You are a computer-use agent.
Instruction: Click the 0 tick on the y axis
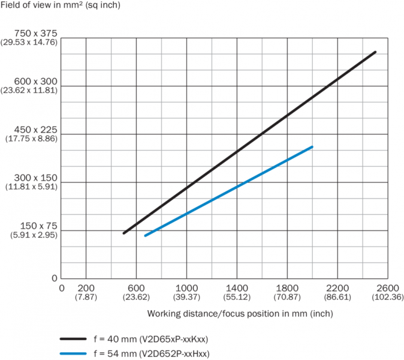click(x=54, y=278)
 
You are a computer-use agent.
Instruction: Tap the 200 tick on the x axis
click(x=86, y=288)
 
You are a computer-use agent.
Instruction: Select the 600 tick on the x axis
click(x=137, y=288)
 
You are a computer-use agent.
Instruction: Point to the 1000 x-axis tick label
click(x=187, y=288)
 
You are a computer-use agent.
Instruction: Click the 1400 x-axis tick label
click(x=237, y=288)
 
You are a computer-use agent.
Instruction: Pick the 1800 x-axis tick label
click(x=288, y=288)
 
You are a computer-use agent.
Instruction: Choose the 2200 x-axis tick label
click(x=338, y=288)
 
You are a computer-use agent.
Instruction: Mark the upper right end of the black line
click(x=375, y=52)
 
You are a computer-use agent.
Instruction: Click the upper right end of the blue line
click(x=312, y=147)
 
